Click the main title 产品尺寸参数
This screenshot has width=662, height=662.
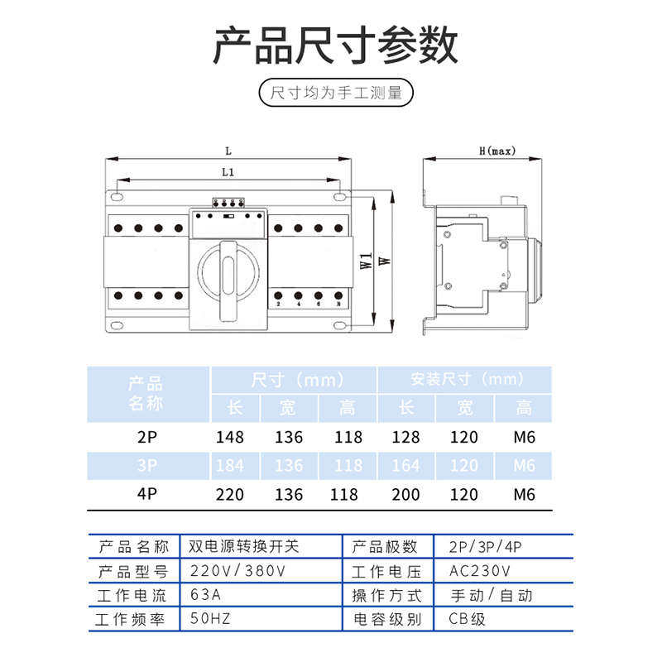(334, 46)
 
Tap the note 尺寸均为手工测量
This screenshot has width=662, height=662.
(335, 93)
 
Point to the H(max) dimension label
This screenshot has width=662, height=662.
(496, 151)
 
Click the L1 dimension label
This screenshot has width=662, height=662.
(228, 173)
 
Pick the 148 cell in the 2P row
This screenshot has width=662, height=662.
(229, 437)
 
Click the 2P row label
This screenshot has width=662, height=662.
(146, 437)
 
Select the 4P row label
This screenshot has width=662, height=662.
(146, 495)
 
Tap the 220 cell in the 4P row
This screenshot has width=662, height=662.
(229, 495)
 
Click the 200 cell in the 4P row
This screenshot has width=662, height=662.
(405, 495)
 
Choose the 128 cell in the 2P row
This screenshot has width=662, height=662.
(405, 437)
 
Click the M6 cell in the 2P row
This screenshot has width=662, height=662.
(524, 437)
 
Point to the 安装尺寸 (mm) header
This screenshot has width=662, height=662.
(468, 380)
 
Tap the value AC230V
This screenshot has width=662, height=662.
(480, 571)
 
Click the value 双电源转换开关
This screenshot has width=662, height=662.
(244, 547)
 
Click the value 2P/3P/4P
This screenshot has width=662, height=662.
(487, 547)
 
